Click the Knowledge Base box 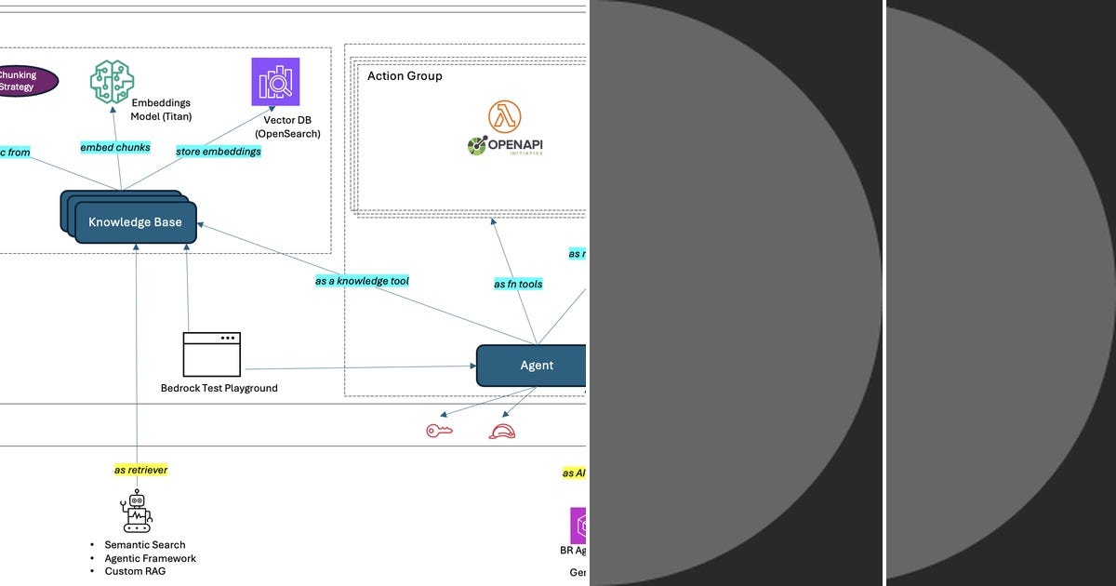(136, 223)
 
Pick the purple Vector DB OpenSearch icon (275, 82)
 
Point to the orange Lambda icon (504, 116)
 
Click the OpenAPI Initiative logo (505, 146)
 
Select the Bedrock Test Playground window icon (212, 354)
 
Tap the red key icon (438, 431)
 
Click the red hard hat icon (502, 432)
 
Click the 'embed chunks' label (115, 148)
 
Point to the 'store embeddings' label (219, 152)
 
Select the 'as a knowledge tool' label (362, 281)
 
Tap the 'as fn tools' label (518, 284)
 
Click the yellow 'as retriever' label (140, 471)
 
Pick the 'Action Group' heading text (405, 76)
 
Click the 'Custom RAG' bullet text (135, 571)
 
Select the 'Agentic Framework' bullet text (150, 558)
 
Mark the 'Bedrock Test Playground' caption (219, 388)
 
